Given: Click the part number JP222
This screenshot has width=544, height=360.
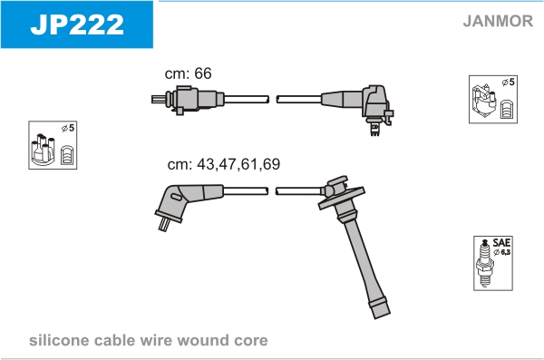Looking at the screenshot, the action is (77, 24).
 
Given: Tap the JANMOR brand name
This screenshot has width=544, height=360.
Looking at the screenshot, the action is (498, 21).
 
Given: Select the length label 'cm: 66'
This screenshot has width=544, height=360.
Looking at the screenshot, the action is (188, 73).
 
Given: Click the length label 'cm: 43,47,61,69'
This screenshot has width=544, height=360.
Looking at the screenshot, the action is (224, 164).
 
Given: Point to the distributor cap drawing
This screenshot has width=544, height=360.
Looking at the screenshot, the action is (43, 149).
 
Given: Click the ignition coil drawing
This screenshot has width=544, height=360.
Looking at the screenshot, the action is (484, 102).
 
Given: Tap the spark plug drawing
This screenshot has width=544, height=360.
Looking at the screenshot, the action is (485, 263).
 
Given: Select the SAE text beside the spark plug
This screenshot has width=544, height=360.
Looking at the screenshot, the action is (501, 242).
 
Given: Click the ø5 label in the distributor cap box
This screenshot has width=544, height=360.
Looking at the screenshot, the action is (68, 128).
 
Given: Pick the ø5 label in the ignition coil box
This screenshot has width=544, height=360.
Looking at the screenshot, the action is (509, 83).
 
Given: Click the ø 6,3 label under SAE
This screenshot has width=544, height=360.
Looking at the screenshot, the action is (502, 252).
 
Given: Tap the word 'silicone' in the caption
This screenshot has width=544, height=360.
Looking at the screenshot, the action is (59, 340).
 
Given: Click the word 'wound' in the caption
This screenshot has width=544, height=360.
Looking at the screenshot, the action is (202, 341).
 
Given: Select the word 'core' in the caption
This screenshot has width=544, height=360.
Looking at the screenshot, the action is (251, 341).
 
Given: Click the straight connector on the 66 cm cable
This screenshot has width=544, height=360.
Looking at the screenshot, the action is (188, 100).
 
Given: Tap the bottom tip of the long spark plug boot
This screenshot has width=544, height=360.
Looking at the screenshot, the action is (382, 315).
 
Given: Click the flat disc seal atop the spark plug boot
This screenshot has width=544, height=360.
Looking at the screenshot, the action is (342, 198).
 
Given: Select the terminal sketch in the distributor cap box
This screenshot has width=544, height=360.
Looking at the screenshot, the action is (66, 155).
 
